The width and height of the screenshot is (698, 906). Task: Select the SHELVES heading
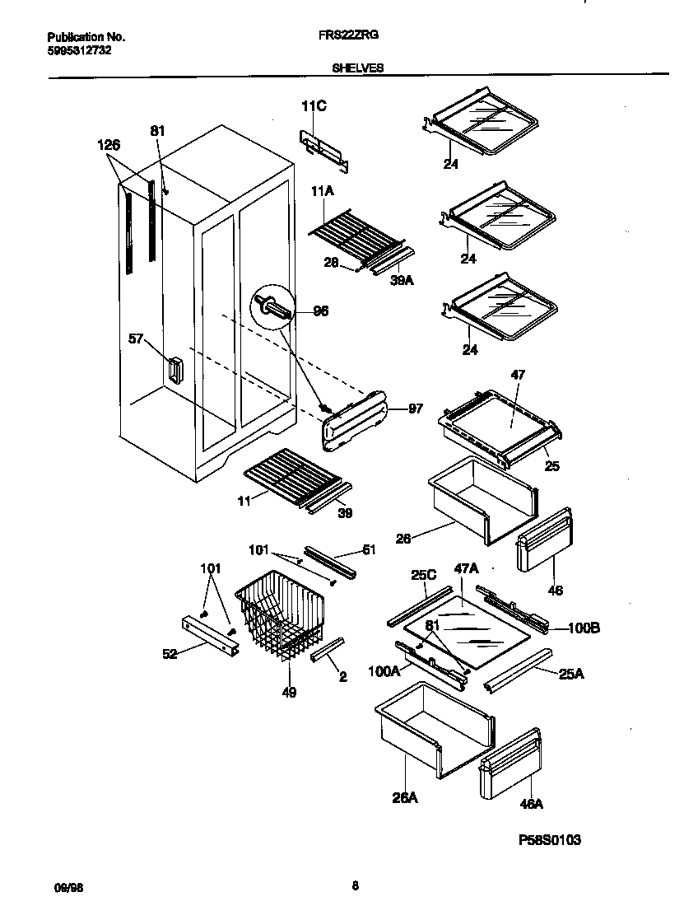tap(357, 69)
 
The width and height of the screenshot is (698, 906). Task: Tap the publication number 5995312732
tap(80, 49)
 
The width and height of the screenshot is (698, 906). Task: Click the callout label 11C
tap(314, 105)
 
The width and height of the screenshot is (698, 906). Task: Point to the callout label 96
tap(320, 311)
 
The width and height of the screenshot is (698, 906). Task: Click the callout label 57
tap(137, 338)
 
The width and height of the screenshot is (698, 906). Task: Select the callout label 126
tap(109, 145)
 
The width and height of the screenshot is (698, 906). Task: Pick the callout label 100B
tap(583, 628)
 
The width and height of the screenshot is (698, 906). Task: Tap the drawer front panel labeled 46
tap(543, 539)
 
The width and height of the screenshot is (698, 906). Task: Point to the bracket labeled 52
tap(209, 633)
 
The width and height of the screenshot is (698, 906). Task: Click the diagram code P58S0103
tap(549, 840)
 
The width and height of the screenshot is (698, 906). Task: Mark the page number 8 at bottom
tap(355, 886)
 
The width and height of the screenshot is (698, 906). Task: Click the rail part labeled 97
tap(356, 420)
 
